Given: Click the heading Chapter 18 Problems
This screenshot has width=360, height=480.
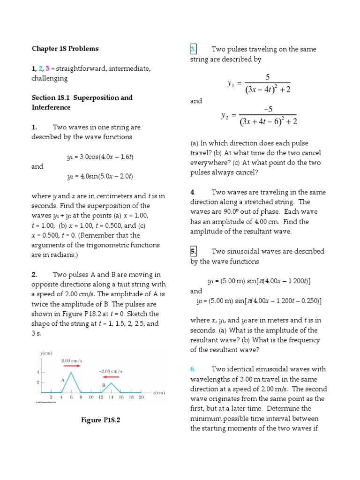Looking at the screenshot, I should [65, 49].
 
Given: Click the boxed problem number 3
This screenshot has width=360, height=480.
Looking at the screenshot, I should [194, 50].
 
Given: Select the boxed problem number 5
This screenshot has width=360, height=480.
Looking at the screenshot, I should [194, 251].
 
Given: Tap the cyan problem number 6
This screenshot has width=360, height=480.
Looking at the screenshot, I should [193, 369].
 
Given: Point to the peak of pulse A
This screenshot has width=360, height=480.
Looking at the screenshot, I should [70, 373].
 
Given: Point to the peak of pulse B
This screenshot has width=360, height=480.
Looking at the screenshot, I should [111, 383].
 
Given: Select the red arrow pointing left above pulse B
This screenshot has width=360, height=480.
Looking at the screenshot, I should [111, 376].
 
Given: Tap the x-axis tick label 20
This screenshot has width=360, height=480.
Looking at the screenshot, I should [141, 397].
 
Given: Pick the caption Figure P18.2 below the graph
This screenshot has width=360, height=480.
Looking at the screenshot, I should [100, 420].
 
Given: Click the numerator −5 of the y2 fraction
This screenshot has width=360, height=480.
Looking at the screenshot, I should [268, 109].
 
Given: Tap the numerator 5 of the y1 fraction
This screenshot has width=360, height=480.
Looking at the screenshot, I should [268, 77].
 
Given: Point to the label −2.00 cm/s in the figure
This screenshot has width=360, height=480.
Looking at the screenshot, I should [111, 371].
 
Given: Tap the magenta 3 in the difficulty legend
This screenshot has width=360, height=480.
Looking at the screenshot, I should [48, 69].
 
